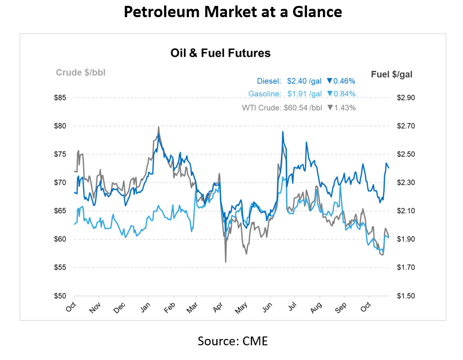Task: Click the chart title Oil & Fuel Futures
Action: coord(220,53)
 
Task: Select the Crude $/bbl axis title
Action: coord(81,73)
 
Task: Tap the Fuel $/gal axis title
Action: coord(392,74)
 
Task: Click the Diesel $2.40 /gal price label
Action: coord(289,81)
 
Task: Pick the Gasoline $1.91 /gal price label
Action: coord(285,94)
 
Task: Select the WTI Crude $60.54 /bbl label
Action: coord(282,107)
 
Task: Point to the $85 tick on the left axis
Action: coord(60,98)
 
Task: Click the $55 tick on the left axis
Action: coord(60,268)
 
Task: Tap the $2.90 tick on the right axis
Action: coord(405,98)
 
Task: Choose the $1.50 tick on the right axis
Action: coord(405,296)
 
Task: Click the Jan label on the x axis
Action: coord(146,307)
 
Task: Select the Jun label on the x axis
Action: coord(267,307)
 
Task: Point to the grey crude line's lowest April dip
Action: coord(226,262)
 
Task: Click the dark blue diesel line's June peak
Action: coord(283,132)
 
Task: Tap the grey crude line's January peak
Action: coord(159,127)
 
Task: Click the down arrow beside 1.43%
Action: coord(330,107)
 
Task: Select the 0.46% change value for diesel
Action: coord(345,81)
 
